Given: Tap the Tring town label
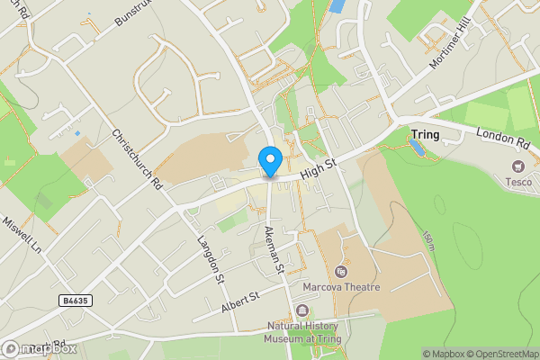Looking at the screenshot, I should coord(425,135).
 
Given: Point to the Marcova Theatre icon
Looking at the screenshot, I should coord(340,271).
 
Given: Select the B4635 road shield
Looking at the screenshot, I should coord(77,300).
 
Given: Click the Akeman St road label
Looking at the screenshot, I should coord(274,248).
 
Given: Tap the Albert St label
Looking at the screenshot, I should coord(240,301).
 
